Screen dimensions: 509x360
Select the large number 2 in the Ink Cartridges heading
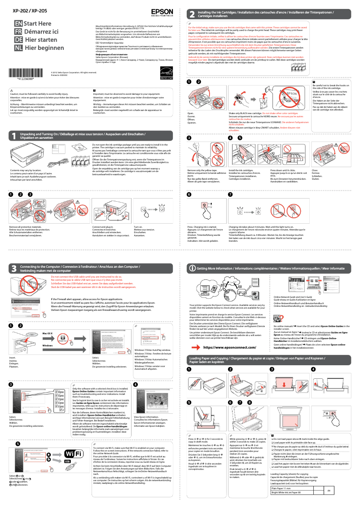192,14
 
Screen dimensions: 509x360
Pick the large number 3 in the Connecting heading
14,269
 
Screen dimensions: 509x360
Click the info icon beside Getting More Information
192,268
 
